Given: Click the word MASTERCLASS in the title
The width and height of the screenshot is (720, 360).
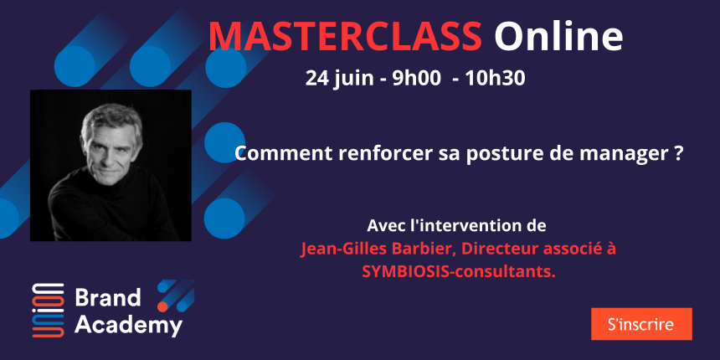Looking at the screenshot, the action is pyautogui.click(x=345, y=36).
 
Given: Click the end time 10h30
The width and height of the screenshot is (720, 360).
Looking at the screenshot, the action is pyautogui.click(x=495, y=79).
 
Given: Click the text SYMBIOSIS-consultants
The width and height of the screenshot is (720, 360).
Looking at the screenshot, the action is pyautogui.click(x=458, y=271).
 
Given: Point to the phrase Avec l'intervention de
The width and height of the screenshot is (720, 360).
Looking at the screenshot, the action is pyautogui.click(x=457, y=226).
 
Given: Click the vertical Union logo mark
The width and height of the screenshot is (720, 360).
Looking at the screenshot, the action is pyautogui.click(x=49, y=310).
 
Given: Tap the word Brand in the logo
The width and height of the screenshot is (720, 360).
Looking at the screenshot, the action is pyautogui.click(x=108, y=298).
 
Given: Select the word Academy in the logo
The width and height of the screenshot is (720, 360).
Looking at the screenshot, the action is pyautogui.click(x=129, y=326).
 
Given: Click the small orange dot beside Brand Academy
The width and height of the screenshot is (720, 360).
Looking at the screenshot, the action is pyautogui.click(x=162, y=306).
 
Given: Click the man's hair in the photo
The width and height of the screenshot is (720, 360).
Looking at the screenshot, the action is pyautogui.click(x=111, y=119).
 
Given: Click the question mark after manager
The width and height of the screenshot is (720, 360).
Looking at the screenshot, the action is pyautogui.click(x=674, y=154).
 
